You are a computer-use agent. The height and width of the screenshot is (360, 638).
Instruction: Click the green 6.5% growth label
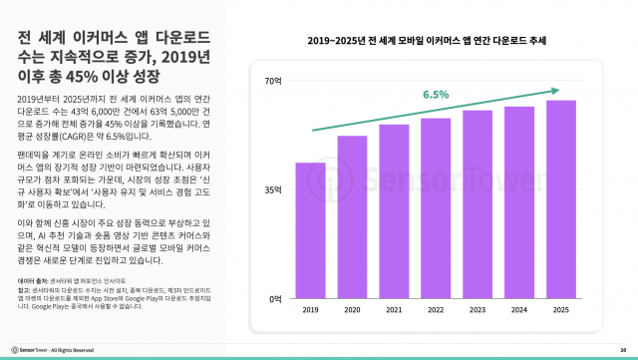click(x=436, y=95)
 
